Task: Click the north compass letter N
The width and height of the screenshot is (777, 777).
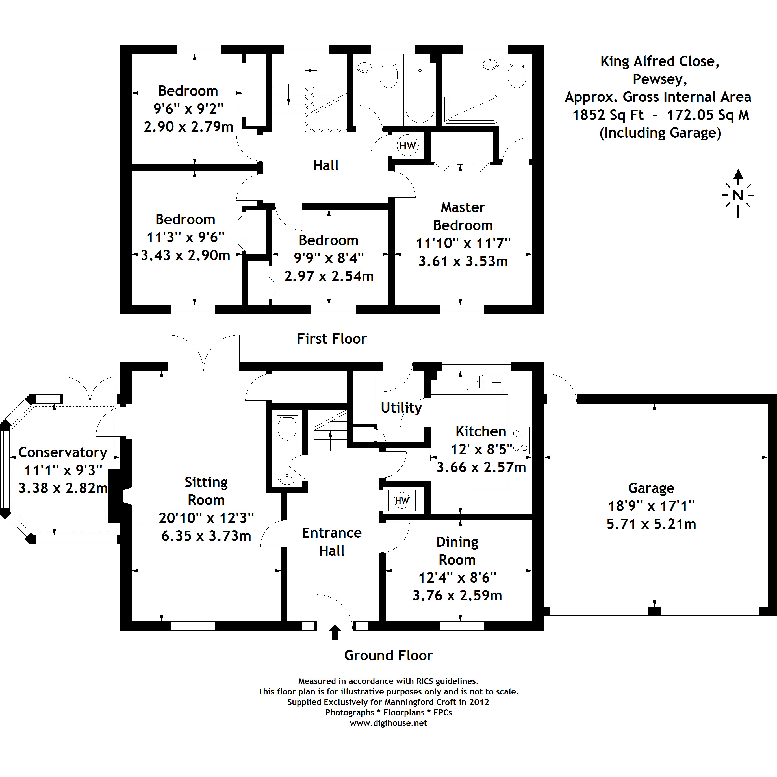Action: pyautogui.click(x=738, y=196)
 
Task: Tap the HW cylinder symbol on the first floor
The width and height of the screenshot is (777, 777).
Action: pyautogui.click(x=407, y=146)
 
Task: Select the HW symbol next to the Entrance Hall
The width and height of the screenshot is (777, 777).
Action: pyautogui.click(x=402, y=501)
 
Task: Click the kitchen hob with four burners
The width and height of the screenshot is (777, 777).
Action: pyautogui.click(x=520, y=440)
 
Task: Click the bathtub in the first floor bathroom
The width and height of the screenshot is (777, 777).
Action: pyautogui.click(x=420, y=94)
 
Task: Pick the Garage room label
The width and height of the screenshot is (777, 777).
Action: pyautogui.click(x=651, y=488)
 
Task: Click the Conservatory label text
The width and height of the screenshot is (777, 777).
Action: pyautogui.click(x=63, y=452)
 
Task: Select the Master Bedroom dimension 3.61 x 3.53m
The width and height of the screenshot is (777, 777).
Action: pyautogui.click(x=463, y=261)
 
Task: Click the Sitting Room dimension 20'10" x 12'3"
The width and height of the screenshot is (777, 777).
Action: pyautogui.click(x=206, y=518)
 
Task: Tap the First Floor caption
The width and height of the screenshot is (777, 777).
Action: pyautogui.click(x=331, y=338)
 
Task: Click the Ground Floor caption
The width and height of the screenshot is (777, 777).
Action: pyautogui.click(x=388, y=655)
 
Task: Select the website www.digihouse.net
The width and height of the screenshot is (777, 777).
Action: pyautogui.click(x=388, y=723)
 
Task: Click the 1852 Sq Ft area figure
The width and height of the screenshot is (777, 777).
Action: pyautogui.click(x=608, y=115)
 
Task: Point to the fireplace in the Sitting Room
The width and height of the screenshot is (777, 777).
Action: pyautogui.click(x=121, y=496)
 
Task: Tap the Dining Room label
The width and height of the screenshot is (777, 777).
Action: pyautogui.click(x=457, y=551)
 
